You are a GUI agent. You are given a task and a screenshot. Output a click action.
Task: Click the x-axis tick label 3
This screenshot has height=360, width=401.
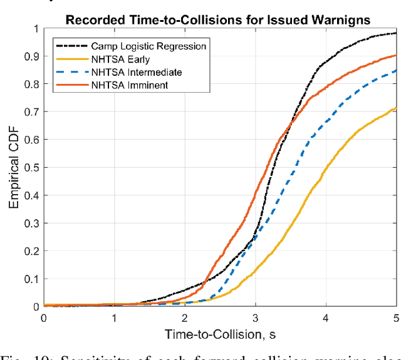coord(255,318)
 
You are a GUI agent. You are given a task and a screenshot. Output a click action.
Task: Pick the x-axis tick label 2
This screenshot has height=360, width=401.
coord(184,318)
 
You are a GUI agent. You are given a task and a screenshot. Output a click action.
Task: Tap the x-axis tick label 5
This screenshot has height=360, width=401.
coord(395,318)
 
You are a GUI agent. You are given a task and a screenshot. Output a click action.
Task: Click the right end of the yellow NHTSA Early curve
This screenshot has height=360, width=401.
coord(396,108)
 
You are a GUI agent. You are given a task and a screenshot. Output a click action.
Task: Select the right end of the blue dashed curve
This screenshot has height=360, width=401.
coord(396,70)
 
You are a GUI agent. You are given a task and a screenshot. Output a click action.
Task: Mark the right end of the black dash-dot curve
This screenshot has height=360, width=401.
coord(396,33)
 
